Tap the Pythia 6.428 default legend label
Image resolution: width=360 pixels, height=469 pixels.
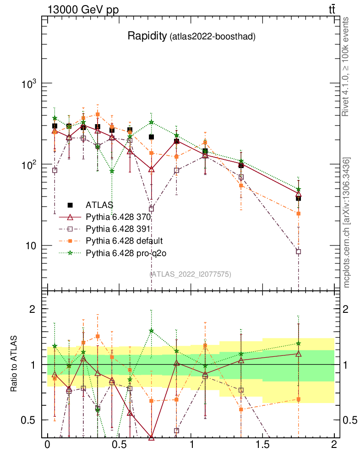click(124, 240)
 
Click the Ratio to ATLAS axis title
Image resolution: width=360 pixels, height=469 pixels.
click(14, 364)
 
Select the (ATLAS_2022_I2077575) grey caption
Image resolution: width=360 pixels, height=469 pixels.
click(190, 274)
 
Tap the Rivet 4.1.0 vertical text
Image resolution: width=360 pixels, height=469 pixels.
click(347, 66)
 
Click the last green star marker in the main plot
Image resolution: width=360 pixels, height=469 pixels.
click(298, 189)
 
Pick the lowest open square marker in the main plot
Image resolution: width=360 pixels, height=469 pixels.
click(298, 251)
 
